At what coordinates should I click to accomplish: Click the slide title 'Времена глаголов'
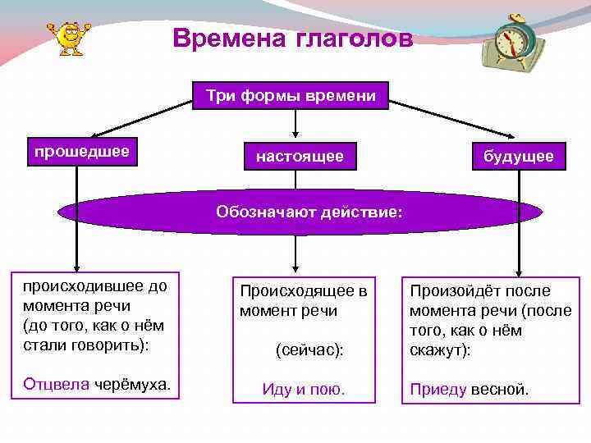tap(294, 39)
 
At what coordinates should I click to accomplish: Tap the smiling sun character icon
tap(69, 37)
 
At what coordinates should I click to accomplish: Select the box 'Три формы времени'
tap(291, 96)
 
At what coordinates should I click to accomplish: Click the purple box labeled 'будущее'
tap(519, 156)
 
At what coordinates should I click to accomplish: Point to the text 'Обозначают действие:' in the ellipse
tap(309, 212)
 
